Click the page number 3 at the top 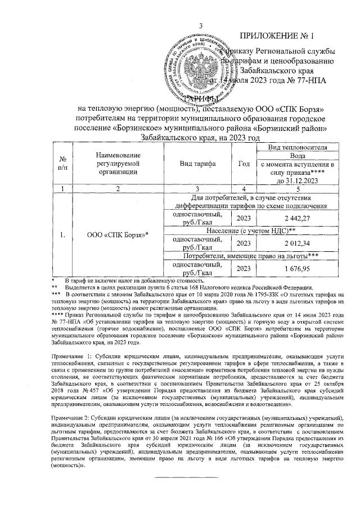coord(201,24)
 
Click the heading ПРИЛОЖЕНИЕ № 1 coord(276,37)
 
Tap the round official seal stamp coord(191,67)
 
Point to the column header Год coord(244,164)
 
